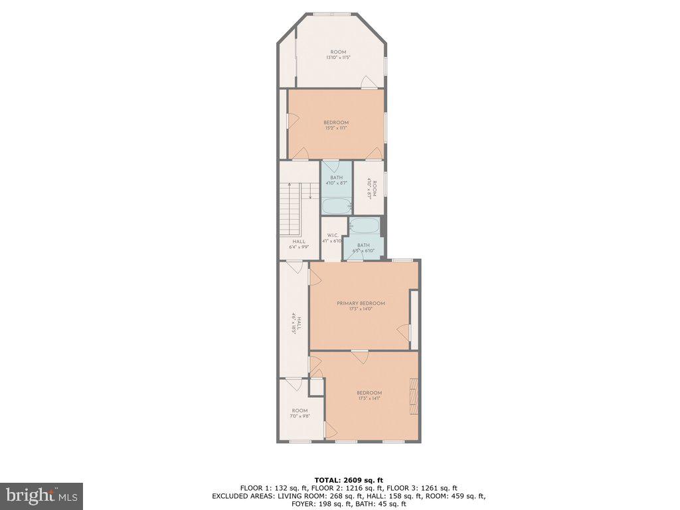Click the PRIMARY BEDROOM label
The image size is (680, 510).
361,303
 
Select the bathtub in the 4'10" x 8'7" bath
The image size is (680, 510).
336,206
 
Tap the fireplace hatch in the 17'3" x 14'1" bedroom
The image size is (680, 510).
414,396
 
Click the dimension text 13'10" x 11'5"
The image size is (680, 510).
338,58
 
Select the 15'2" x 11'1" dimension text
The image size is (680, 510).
336,128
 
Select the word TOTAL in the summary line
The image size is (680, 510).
329,479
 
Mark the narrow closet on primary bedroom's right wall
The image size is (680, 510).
414,319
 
